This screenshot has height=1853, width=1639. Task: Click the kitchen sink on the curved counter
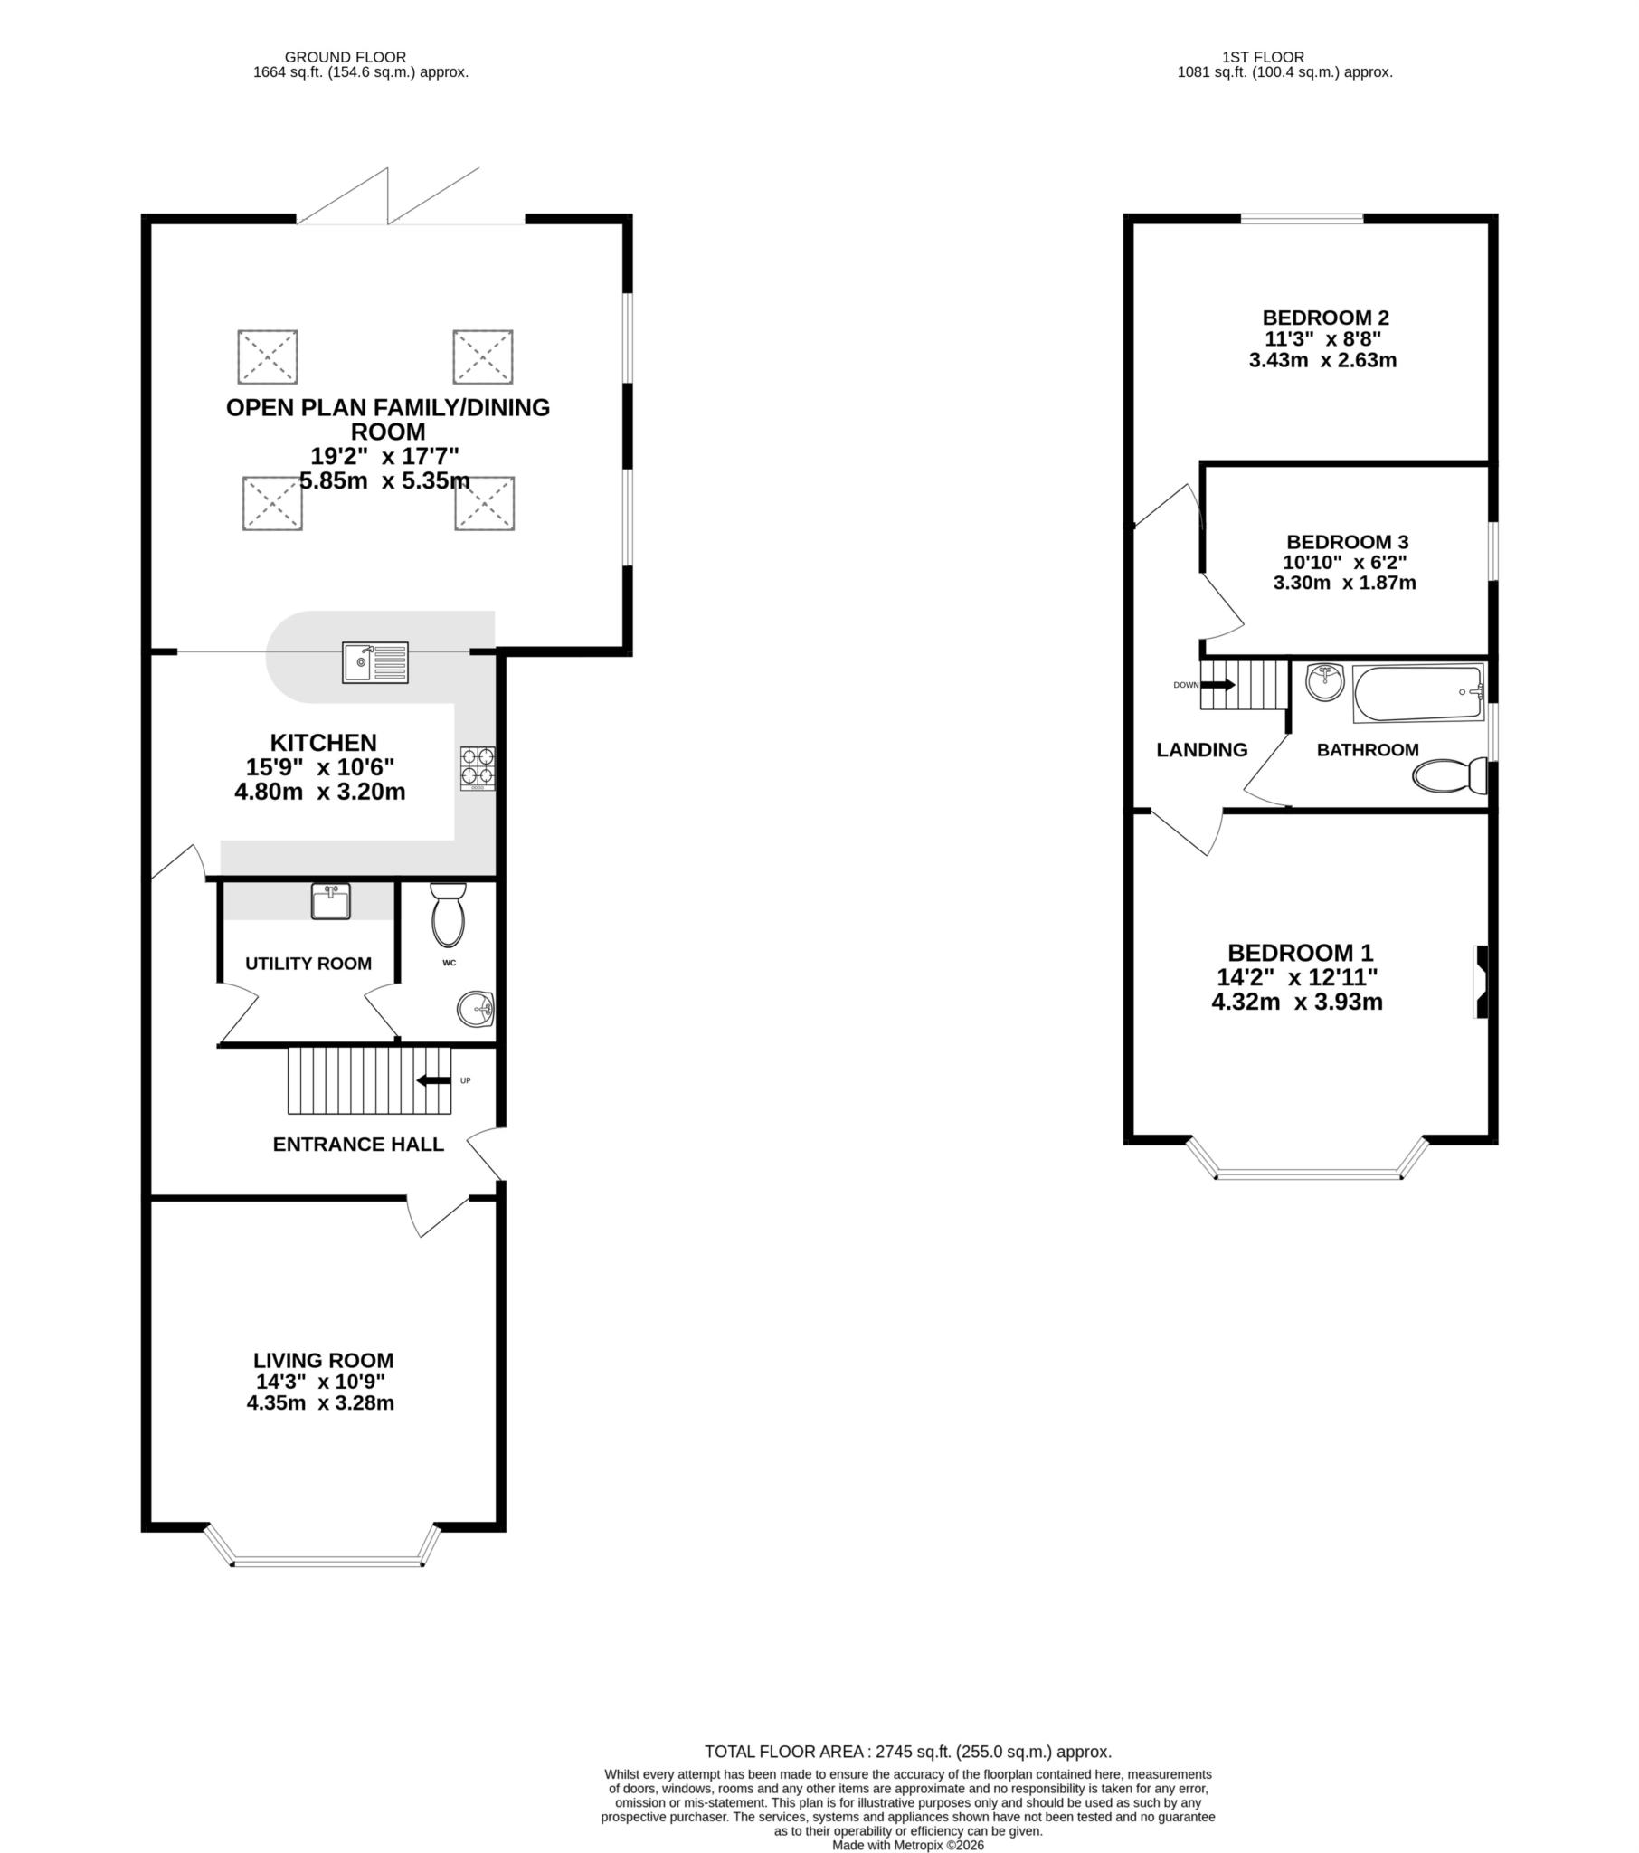pos(375,662)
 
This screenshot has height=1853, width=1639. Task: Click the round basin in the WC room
pos(475,1008)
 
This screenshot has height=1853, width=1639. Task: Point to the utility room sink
pos(331,902)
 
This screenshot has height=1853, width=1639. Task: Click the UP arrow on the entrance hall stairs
pos(434,1079)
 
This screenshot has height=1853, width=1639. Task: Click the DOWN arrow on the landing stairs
pos(1217,684)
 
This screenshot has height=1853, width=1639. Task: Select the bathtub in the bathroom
pos(1417,693)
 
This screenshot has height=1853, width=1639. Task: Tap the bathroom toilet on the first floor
pos(1449,776)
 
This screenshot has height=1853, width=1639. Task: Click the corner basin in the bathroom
pos(1325,681)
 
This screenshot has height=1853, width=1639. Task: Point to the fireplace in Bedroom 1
pos(1482,981)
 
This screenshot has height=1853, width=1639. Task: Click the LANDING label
pos(1201,750)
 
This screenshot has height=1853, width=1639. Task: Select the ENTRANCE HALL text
pos(358,1144)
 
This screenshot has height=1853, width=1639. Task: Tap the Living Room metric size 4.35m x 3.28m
pos(320,1403)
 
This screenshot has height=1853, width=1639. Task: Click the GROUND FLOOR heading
pos(345,57)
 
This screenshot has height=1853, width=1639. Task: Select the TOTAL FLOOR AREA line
pos(907,1752)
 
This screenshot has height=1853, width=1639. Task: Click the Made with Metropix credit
pos(907,1845)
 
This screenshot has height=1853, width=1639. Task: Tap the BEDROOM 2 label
pos(1324,318)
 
